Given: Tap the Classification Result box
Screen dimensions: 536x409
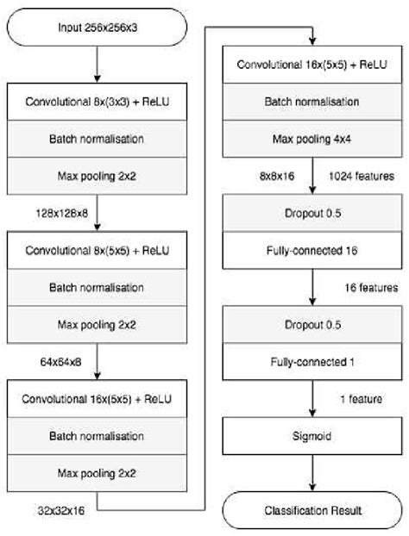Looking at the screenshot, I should tap(311, 510).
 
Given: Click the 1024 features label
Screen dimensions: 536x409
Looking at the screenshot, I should tap(361, 176).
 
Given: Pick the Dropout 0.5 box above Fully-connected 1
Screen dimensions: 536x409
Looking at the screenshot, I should tap(311, 327).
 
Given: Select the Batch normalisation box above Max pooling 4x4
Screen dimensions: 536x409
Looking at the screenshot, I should tap(311, 102).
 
